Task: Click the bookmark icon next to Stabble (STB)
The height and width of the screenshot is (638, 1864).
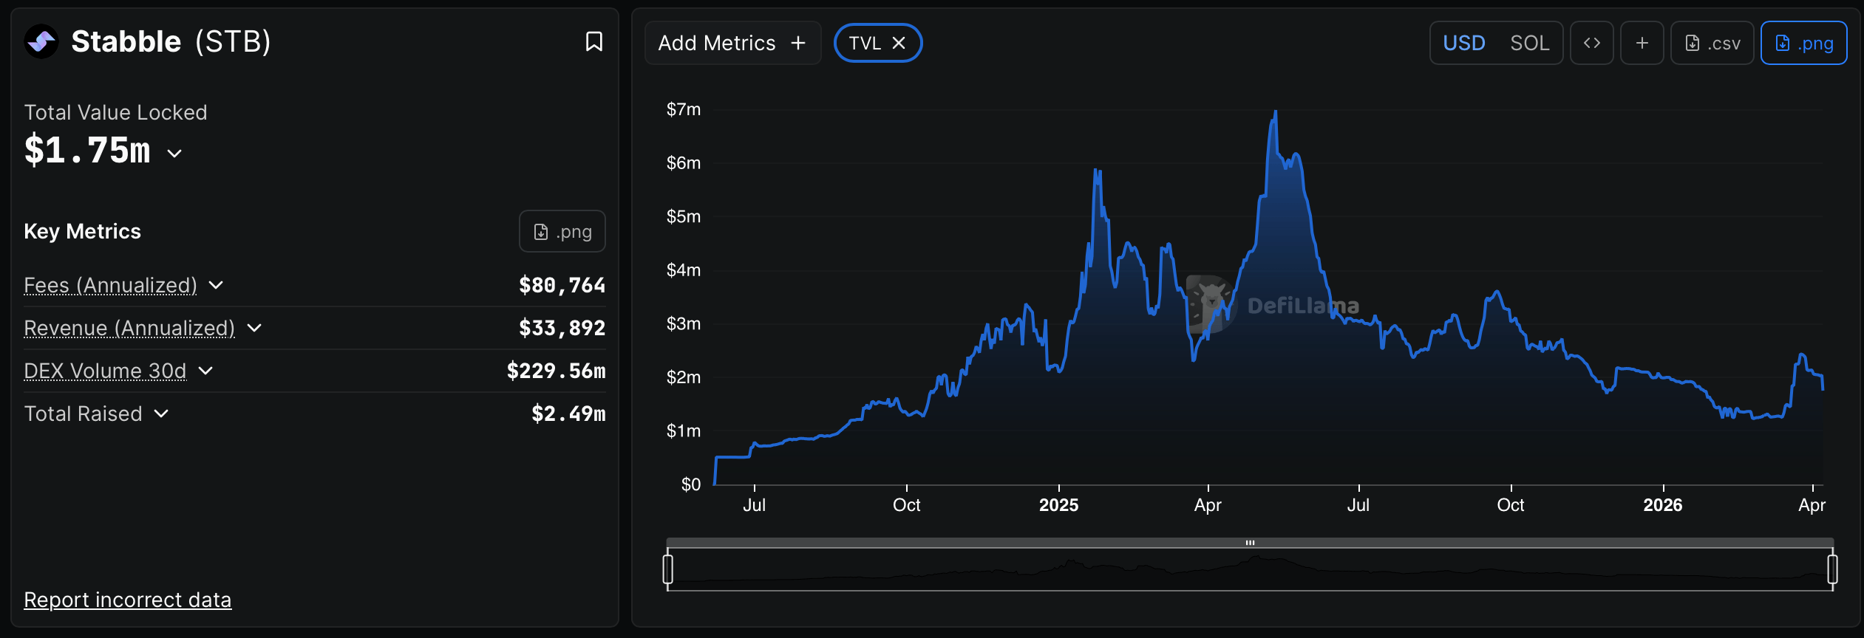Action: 593,41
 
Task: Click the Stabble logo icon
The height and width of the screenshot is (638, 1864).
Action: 41,41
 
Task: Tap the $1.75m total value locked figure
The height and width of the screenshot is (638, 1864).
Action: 87,151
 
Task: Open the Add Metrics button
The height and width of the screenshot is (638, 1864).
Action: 732,43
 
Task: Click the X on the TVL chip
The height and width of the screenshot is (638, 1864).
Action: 899,43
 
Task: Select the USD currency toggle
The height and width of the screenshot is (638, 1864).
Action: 1463,43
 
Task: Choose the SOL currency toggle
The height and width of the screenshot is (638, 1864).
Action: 1529,43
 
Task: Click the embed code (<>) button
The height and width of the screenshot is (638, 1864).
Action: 1591,43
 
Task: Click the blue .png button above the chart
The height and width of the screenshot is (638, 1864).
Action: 1803,43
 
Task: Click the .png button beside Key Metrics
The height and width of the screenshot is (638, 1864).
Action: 562,231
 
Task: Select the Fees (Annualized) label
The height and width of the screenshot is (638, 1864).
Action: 111,285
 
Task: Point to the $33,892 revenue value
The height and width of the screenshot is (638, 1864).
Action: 562,328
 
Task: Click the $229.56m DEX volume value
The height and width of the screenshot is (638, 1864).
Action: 556,371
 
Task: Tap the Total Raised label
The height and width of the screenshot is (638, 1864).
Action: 83,414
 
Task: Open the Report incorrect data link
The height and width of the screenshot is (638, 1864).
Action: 127,600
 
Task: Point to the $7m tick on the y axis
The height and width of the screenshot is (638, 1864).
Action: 683,109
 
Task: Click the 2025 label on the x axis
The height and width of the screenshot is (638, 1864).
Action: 1058,505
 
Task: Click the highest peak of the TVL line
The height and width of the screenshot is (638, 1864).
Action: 1275,112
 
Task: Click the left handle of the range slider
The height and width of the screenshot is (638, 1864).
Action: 668,569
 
